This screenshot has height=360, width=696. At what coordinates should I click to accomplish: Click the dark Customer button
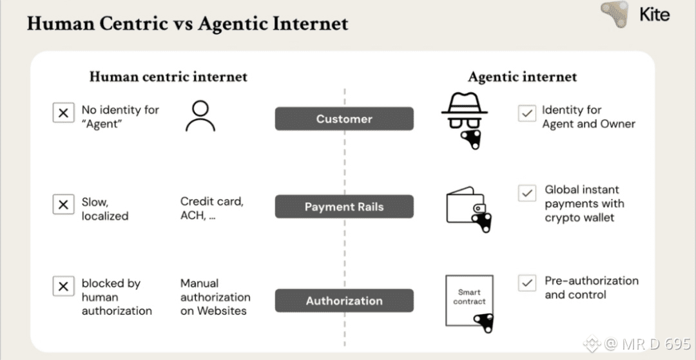tap(344, 119)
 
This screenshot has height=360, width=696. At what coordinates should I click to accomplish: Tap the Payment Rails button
tap(344, 207)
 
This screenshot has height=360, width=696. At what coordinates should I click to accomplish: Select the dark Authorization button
tap(344, 301)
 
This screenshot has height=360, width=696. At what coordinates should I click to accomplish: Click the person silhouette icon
tap(200, 116)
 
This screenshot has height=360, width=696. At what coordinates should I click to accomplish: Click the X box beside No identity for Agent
tap(63, 113)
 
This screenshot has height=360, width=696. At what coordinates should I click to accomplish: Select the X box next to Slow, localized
tap(63, 204)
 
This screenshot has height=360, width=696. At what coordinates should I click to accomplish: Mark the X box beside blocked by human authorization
tap(63, 286)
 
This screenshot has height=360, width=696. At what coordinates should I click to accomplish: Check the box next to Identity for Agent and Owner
tap(527, 113)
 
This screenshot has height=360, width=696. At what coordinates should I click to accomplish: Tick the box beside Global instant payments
tap(527, 193)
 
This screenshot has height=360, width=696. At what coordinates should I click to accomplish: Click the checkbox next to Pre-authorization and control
tap(527, 283)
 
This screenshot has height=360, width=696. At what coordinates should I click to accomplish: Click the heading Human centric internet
tap(168, 77)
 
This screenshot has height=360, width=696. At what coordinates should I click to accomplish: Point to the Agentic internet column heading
tap(522, 77)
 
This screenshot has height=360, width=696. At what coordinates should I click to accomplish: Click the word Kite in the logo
tap(654, 14)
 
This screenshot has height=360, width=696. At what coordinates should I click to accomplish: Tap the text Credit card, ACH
tap(212, 209)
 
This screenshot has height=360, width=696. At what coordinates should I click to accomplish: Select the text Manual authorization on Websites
tap(215, 297)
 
